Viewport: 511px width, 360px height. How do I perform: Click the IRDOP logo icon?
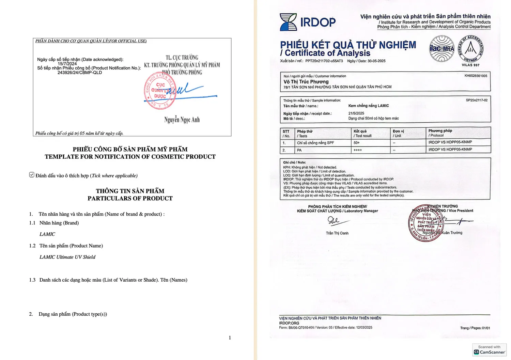click(x=288, y=22)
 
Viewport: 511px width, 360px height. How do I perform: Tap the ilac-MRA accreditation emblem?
click(x=442, y=49)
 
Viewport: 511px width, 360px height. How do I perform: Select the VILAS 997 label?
click(x=470, y=65)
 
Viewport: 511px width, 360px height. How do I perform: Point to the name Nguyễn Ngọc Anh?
click(x=182, y=120)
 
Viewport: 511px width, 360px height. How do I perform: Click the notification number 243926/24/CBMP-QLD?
click(x=80, y=73)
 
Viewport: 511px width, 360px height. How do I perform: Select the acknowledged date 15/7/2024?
click(x=67, y=64)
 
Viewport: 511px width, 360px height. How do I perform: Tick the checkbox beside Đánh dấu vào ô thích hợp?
click(x=32, y=175)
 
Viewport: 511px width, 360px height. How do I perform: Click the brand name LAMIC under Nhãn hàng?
click(x=47, y=234)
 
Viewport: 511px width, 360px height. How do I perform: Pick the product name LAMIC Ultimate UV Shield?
click(x=67, y=257)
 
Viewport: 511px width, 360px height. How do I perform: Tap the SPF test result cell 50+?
click(x=357, y=143)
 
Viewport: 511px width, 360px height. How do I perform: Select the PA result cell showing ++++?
click(x=357, y=150)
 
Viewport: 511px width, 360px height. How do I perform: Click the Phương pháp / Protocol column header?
click(x=440, y=133)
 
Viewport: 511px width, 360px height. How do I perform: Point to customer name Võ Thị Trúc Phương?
click(x=306, y=82)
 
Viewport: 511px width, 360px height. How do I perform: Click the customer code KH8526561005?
click(x=476, y=76)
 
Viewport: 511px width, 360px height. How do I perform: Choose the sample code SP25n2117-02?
click(x=477, y=100)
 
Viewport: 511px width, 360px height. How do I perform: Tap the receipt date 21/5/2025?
click(x=356, y=113)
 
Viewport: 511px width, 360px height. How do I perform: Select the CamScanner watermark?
click(x=489, y=350)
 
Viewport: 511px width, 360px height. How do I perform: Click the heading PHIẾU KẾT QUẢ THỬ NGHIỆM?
click(x=348, y=45)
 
